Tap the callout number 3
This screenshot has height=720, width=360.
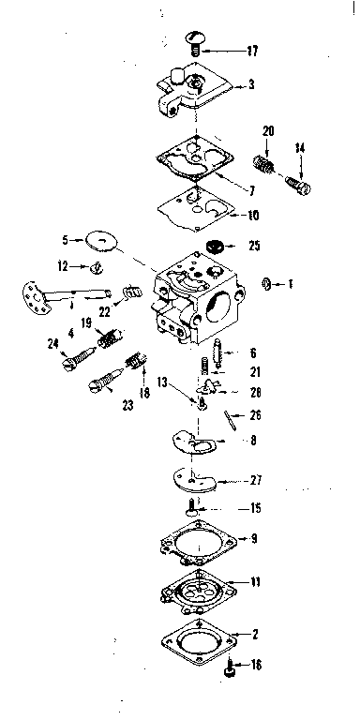pyautogui.click(x=252, y=84)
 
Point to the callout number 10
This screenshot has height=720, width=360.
pyautogui.click(x=253, y=215)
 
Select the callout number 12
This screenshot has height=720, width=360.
pyautogui.click(x=62, y=266)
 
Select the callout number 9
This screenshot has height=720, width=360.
pyautogui.click(x=252, y=539)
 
